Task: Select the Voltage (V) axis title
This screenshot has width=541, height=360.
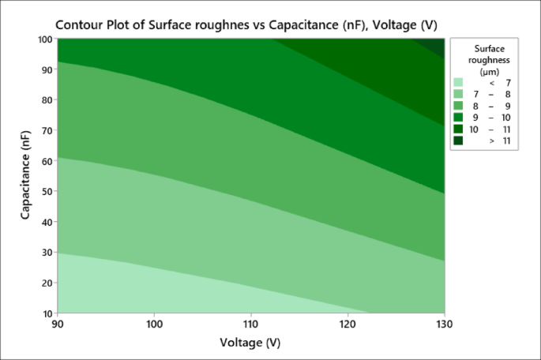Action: (251, 343)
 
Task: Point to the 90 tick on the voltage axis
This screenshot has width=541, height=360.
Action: (58, 324)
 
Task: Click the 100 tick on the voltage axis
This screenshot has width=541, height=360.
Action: (155, 324)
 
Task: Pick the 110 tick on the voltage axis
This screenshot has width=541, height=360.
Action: (251, 324)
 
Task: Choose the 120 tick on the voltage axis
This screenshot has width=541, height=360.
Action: (348, 324)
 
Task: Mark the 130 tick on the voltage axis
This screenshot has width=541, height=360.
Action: (444, 324)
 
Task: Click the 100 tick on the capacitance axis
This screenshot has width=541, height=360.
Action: (43, 39)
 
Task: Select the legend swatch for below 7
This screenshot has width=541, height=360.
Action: (458, 82)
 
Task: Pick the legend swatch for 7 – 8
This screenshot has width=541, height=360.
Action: (458, 94)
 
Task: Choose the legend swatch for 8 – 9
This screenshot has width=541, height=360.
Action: (458, 106)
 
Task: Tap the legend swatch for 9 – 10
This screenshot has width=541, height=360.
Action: (458, 118)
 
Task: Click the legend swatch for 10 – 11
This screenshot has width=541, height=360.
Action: (458, 129)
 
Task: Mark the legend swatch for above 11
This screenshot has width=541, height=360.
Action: (458, 141)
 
